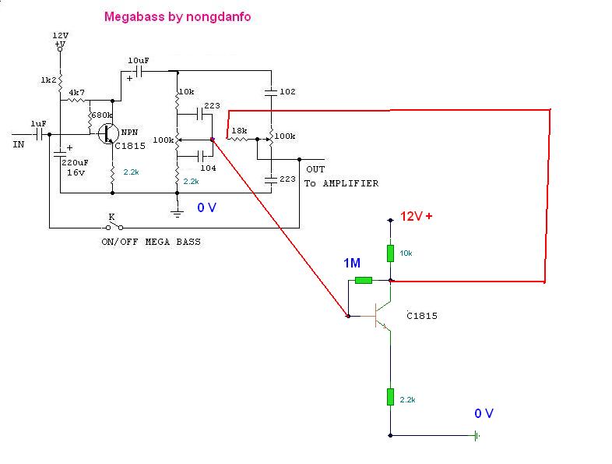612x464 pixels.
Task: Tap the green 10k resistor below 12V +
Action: (390, 253)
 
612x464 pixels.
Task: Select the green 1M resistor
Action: (364, 281)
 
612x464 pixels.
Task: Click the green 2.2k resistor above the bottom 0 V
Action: (390, 397)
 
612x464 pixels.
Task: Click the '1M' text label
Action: (353, 263)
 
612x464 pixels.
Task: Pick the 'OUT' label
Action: (315, 169)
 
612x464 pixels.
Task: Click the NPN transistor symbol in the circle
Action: (107, 134)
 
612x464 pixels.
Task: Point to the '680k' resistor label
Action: (101, 115)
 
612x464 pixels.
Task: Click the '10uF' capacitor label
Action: (137, 60)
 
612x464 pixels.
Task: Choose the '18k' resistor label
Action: (240, 129)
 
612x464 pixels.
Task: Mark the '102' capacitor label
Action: (287, 91)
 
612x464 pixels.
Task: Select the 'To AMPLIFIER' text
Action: (341, 183)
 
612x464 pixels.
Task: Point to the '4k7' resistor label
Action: (77, 92)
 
